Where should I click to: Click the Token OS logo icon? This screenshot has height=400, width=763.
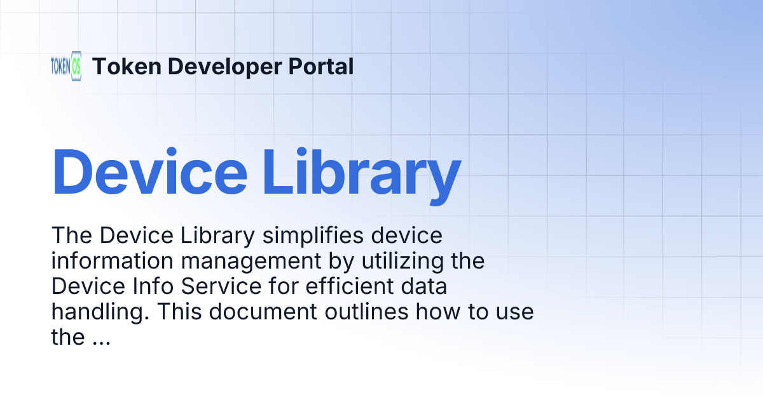[x=66, y=66]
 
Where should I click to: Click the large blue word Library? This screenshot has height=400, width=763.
[x=362, y=172]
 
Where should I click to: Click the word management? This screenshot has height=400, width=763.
[x=244, y=261]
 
